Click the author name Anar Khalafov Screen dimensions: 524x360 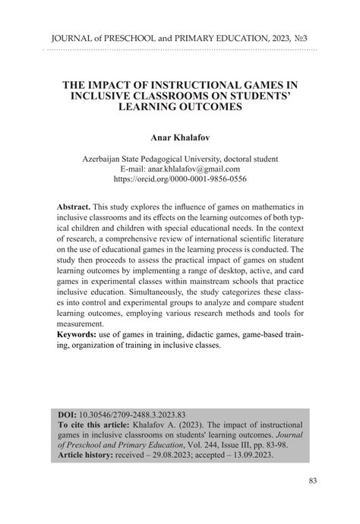179,139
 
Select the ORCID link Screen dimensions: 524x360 179,180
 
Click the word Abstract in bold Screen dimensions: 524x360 74,207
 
